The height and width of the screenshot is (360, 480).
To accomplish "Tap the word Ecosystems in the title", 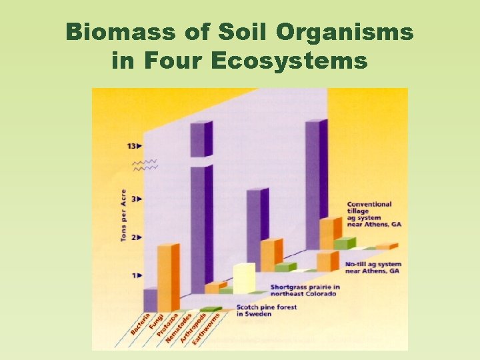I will point(289,61).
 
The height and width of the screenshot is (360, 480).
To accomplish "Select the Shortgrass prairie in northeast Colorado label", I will point(305,291).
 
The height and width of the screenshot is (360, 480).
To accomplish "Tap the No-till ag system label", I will point(373,268).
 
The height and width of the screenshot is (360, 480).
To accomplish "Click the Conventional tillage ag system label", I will point(369,214).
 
